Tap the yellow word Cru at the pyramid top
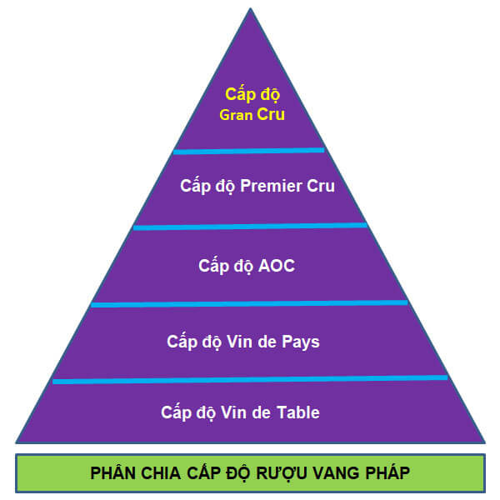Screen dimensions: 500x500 click(270, 114)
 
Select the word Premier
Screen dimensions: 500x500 click(271, 186)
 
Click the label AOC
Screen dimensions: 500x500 click(277, 266)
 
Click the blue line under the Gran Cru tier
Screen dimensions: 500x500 click(248, 151)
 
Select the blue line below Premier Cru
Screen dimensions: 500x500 click(250, 226)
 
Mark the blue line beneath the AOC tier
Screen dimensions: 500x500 click(250, 303)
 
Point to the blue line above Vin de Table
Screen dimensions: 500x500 click(250, 379)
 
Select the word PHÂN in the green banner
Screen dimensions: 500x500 click(112, 474)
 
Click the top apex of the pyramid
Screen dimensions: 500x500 click(250, 10)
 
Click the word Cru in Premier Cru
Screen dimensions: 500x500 click(319, 186)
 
